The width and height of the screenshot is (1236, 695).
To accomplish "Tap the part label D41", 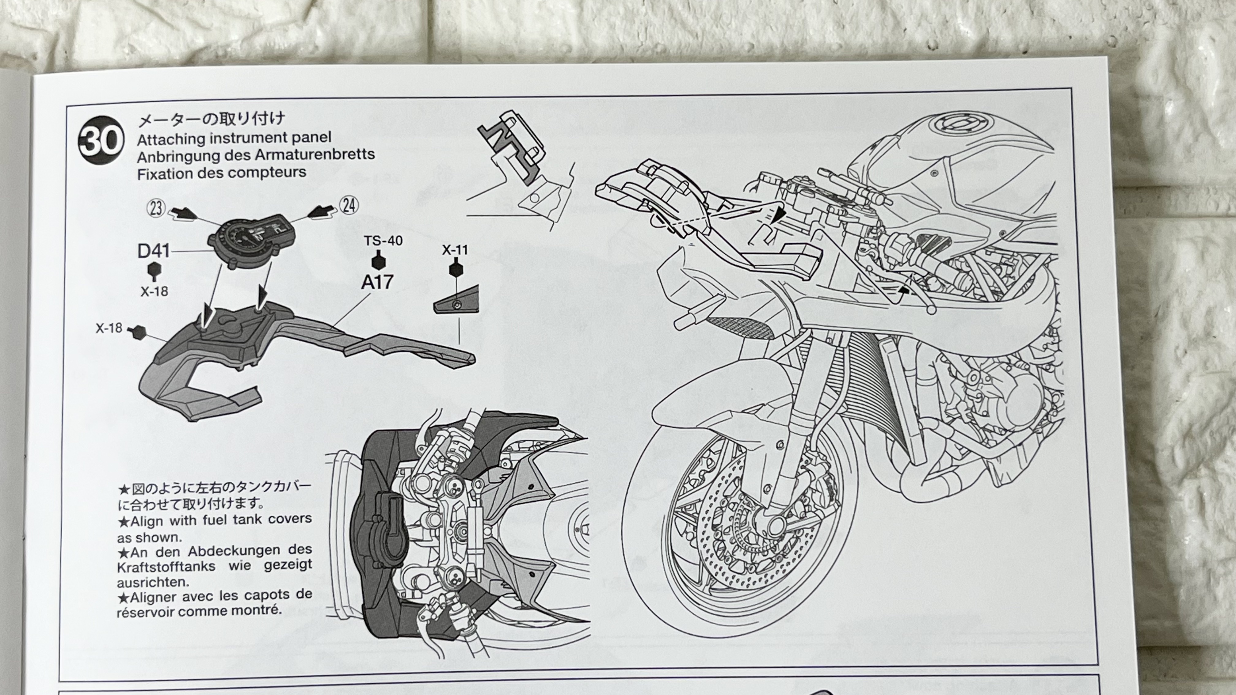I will tap(154, 251).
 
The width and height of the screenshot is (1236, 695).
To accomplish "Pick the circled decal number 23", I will tap(156, 209).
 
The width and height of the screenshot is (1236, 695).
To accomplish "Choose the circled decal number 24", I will tap(349, 205).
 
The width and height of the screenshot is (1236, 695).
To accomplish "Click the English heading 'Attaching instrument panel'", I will tap(234, 138).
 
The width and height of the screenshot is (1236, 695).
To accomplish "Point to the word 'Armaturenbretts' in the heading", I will tap(315, 155).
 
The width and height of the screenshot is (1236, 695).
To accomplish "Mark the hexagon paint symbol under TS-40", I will tap(379, 261).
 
